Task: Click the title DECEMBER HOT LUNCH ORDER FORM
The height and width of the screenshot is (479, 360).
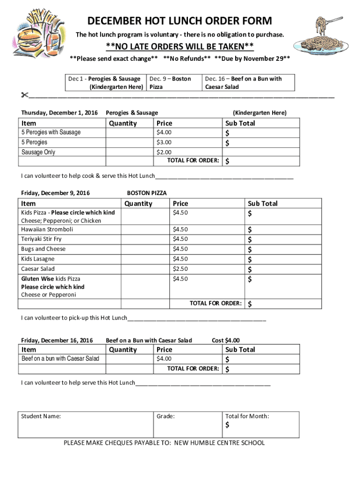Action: click(x=180, y=21)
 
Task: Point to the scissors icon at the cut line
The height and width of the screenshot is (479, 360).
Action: click(x=24, y=95)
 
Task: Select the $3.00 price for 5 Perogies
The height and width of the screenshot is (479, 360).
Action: click(x=164, y=142)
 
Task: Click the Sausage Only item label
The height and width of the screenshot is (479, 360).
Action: click(x=38, y=152)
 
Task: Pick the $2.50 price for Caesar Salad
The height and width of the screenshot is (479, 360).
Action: click(x=180, y=269)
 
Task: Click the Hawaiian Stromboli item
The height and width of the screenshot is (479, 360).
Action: click(x=47, y=229)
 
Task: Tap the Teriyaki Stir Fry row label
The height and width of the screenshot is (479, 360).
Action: click(x=41, y=239)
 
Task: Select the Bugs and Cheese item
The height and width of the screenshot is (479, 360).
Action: click(x=43, y=249)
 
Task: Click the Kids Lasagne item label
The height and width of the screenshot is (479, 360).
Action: click(x=37, y=259)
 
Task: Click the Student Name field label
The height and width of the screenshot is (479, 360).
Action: click(x=41, y=416)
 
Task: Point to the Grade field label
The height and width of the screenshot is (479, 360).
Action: click(x=166, y=416)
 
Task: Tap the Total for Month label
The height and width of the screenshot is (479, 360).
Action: click(x=247, y=416)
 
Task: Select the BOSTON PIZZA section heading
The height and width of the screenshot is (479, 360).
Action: click(x=147, y=193)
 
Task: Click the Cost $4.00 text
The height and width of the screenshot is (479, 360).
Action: click(x=226, y=340)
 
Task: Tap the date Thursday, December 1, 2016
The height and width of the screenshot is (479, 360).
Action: click(x=59, y=113)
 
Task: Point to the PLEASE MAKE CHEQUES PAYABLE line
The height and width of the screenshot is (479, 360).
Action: click(x=164, y=443)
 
